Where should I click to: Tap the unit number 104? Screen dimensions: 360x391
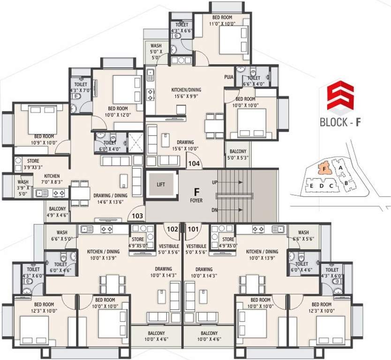194,164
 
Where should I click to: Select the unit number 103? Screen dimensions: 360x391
137,216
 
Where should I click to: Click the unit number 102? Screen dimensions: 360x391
173,230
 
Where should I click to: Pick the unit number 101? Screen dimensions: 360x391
193,230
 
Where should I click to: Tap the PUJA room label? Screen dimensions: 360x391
229,76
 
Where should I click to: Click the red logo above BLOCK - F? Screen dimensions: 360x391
340,96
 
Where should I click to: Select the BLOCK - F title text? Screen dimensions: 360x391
340,123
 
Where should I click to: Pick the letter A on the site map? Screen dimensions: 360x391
342,166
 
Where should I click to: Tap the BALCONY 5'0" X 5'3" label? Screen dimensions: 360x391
237,154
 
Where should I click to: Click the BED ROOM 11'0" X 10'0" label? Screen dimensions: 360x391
220,20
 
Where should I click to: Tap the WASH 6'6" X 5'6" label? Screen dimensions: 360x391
303,235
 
